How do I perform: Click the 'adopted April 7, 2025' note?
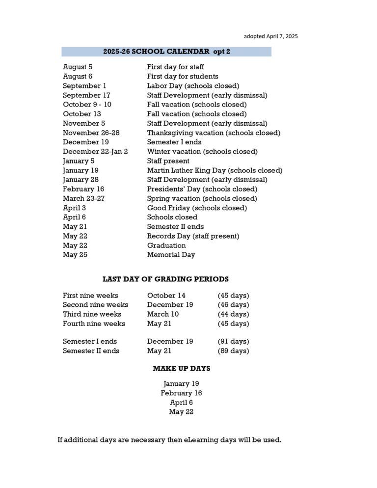[270, 36]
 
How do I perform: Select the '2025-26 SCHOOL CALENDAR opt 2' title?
[166, 52]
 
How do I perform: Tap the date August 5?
[78, 67]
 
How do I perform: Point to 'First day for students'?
[183, 76]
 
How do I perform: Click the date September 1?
[84, 86]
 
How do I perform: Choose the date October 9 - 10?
[87, 105]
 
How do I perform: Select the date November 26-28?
[91, 133]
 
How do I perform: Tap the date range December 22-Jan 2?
[95, 152]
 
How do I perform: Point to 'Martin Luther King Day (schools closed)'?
[215, 170]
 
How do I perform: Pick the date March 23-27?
[83, 198]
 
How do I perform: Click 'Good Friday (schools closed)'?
[197, 208]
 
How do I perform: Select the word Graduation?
[166, 245]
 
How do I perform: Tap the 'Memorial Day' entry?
[171, 255]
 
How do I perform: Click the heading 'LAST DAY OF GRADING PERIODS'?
[165, 279]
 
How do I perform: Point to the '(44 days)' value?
[233, 314]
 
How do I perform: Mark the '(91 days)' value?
[233, 341]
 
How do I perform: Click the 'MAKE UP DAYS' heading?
[181, 368]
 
